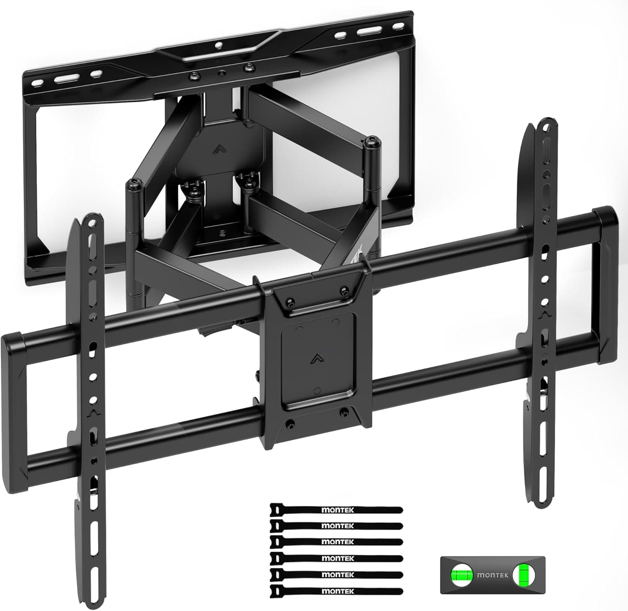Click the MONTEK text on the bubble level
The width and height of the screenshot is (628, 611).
[x=493, y=575]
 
